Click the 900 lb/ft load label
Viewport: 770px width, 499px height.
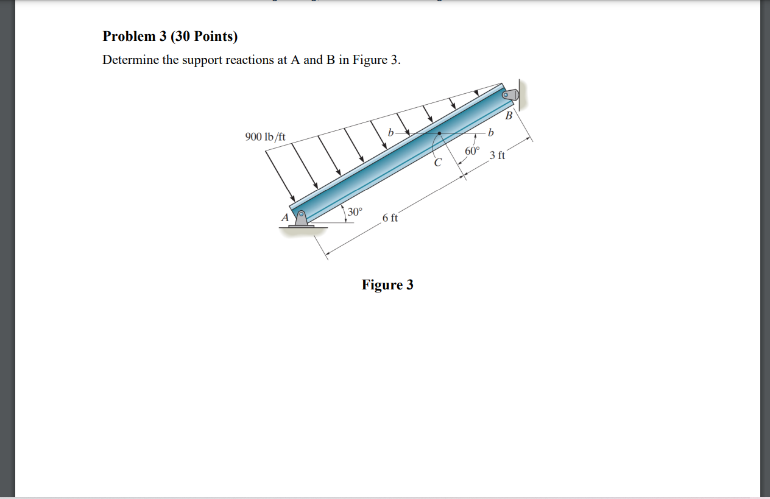click(266, 136)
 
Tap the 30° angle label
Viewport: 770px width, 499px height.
click(355, 212)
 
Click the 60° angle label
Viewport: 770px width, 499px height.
click(472, 150)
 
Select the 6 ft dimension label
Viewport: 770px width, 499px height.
click(390, 218)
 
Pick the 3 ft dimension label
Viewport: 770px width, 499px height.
click(497, 155)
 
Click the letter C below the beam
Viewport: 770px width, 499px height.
click(437, 163)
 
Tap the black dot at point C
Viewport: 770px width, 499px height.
click(439, 133)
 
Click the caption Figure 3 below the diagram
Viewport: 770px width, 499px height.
click(387, 285)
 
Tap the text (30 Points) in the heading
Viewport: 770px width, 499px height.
click(204, 37)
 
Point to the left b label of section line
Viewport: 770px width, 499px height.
click(390, 132)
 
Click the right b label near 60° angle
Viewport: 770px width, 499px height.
click(491, 132)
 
